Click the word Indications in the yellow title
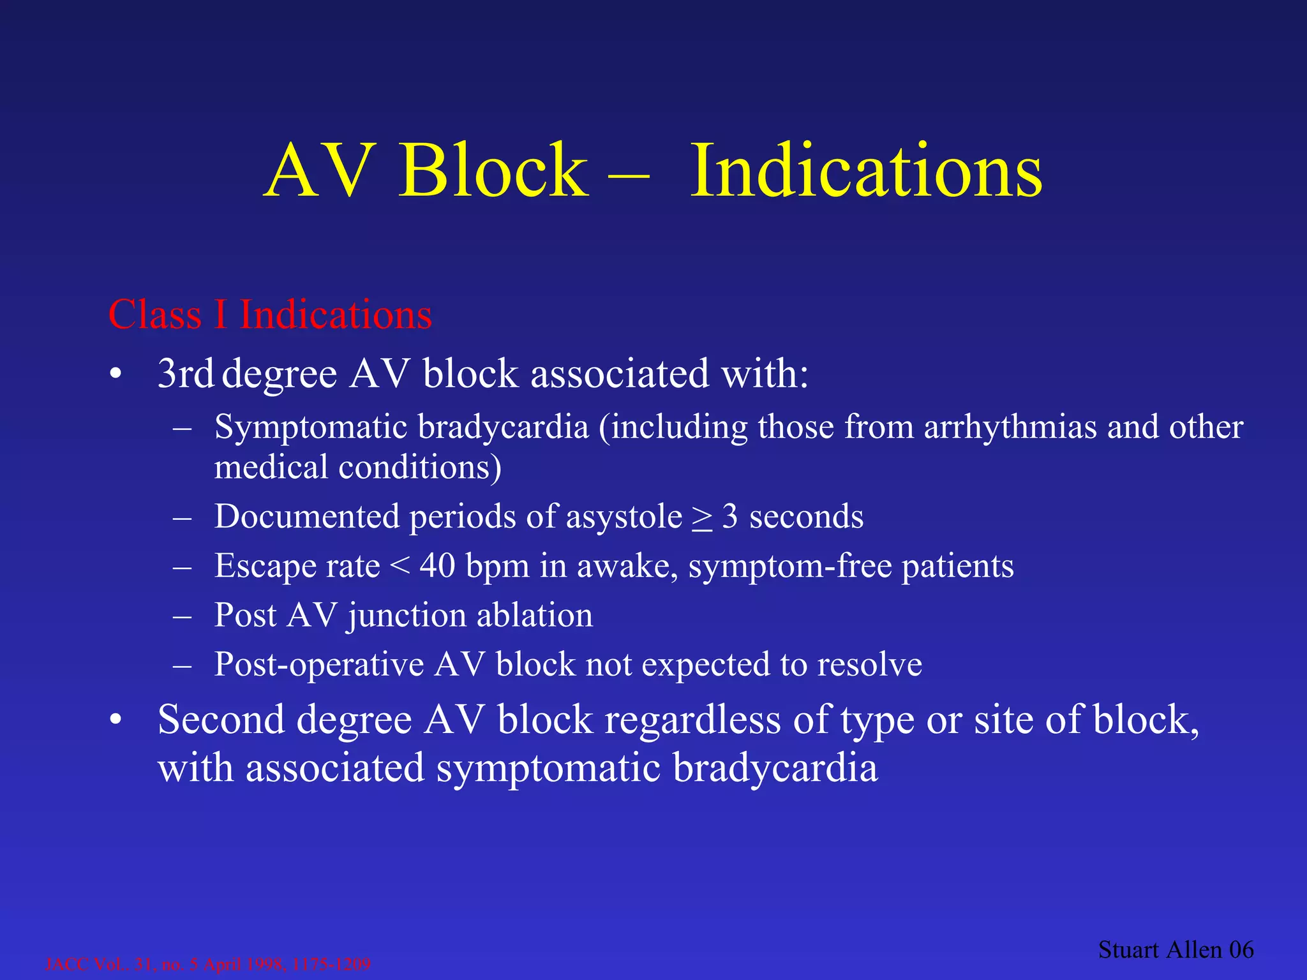866,171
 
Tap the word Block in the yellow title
493,171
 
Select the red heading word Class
155,315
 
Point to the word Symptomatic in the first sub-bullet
310,427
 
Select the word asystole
624,517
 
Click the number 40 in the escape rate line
437,566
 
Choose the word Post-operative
319,665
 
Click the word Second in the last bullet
221,720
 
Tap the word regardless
692,721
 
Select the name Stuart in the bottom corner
1128,950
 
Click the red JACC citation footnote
208,964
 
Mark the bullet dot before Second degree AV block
115,721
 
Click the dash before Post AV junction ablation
183,616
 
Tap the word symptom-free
790,567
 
